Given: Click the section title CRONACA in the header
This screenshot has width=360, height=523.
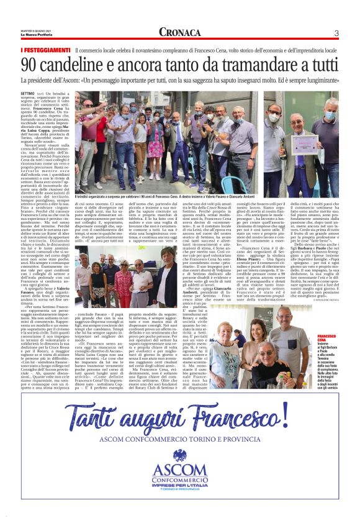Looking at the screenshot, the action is pos(180,32).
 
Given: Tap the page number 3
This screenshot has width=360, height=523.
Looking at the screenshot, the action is pos(336,33).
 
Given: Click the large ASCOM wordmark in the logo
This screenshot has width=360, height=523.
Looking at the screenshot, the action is pos(180,473).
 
